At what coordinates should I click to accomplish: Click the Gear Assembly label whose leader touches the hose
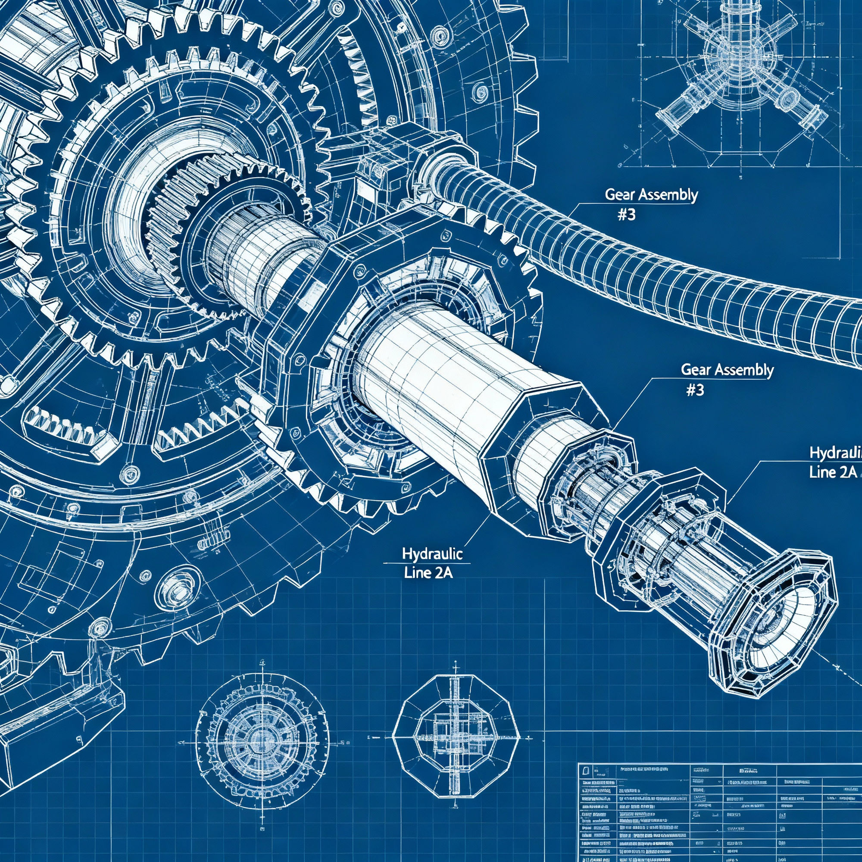(650, 195)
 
